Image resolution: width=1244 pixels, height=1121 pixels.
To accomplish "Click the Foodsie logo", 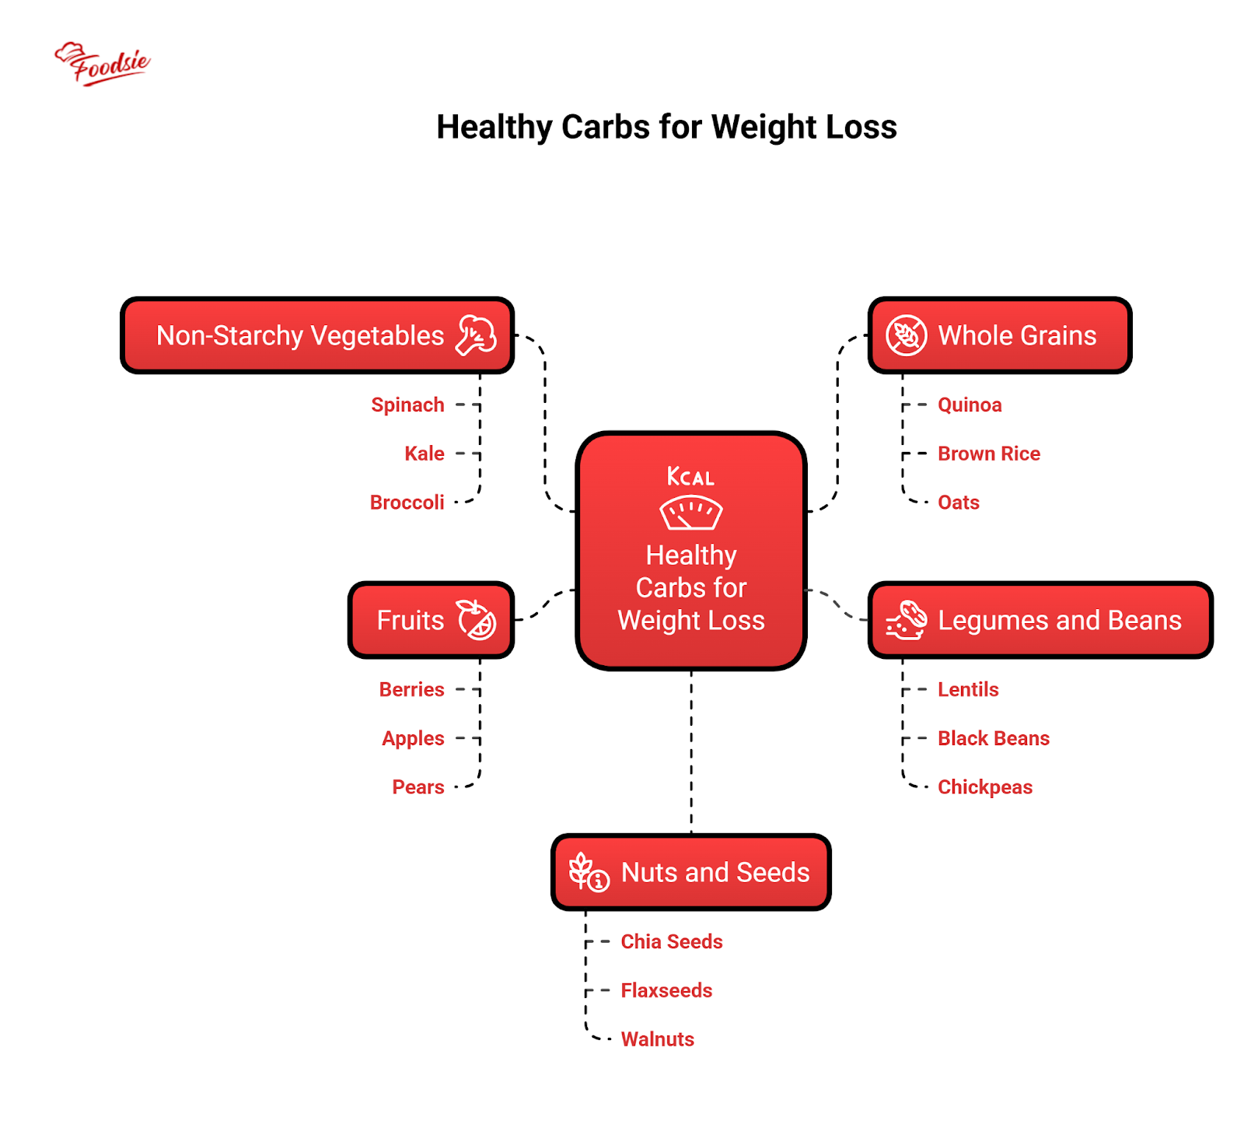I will (x=102, y=63).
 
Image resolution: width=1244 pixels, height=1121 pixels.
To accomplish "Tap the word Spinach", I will (x=407, y=405).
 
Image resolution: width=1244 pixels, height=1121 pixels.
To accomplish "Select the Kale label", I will (x=424, y=454).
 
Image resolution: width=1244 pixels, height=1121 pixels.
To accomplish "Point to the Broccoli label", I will (x=407, y=503).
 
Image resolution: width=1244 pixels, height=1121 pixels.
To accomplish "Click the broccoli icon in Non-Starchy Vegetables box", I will (x=476, y=335).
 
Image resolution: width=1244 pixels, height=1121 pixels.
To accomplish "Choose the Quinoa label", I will (x=970, y=405).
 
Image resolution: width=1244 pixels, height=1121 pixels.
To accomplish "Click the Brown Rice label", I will (x=988, y=454).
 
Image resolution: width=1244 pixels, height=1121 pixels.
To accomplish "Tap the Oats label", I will (x=958, y=503).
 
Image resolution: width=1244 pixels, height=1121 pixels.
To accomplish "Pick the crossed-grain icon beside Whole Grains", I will (x=906, y=335).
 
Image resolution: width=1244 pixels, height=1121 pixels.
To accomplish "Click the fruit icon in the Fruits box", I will (x=476, y=620).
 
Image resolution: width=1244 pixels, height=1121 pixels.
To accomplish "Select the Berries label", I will (x=411, y=689).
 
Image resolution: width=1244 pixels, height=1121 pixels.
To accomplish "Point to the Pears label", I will (x=418, y=787).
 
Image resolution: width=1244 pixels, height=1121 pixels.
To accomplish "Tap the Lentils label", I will (x=968, y=689).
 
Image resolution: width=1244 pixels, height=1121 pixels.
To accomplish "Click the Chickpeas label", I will (x=984, y=787).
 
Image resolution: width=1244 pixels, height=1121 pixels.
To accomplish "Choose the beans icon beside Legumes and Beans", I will (x=907, y=620).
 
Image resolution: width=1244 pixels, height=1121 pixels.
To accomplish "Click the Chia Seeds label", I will (x=671, y=941).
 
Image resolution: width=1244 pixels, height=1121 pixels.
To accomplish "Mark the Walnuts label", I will (x=657, y=1039).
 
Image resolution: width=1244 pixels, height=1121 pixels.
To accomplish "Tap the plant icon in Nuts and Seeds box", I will (x=589, y=872).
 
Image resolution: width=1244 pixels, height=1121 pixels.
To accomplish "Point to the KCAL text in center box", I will (x=690, y=476).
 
